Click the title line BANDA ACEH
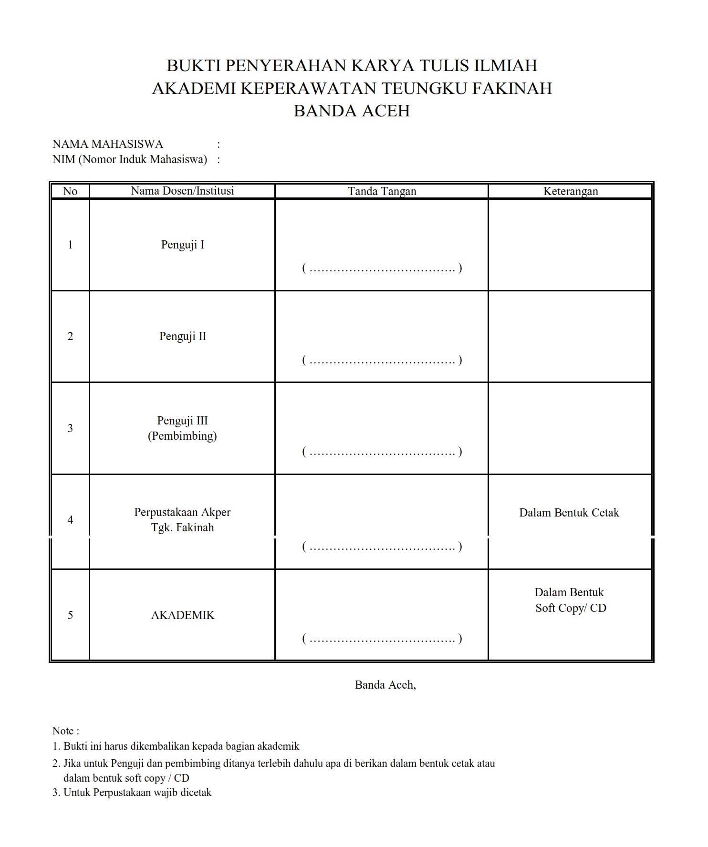pyautogui.click(x=352, y=111)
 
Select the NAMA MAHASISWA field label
pyautogui.click(x=107, y=144)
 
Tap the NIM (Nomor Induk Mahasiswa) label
pyautogui.click(x=129, y=159)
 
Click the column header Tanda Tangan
pyautogui.click(x=382, y=191)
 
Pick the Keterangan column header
pyautogui.click(x=570, y=191)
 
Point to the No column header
pyautogui.click(x=70, y=191)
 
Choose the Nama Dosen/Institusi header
pyautogui.click(x=182, y=191)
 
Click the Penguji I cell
pyautogui.click(x=182, y=245)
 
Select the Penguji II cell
pyautogui.click(x=182, y=336)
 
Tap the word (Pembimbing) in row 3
pyautogui.click(x=182, y=436)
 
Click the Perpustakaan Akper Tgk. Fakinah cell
pyautogui.click(x=182, y=519)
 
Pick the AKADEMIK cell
pyautogui.click(x=182, y=615)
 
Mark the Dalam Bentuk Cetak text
pyautogui.click(x=569, y=513)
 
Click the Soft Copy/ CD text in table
pyautogui.click(x=570, y=608)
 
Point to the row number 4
pyautogui.click(x=70, y=520)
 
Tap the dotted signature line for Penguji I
pyautogui.click(x=382, y=269)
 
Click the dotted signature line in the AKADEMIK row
pyautogui.click(x=382, y=639)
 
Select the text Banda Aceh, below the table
pyautogui.click(x=385, y=685)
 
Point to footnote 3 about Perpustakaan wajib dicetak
pyautogui.click(x=132, y=793)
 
